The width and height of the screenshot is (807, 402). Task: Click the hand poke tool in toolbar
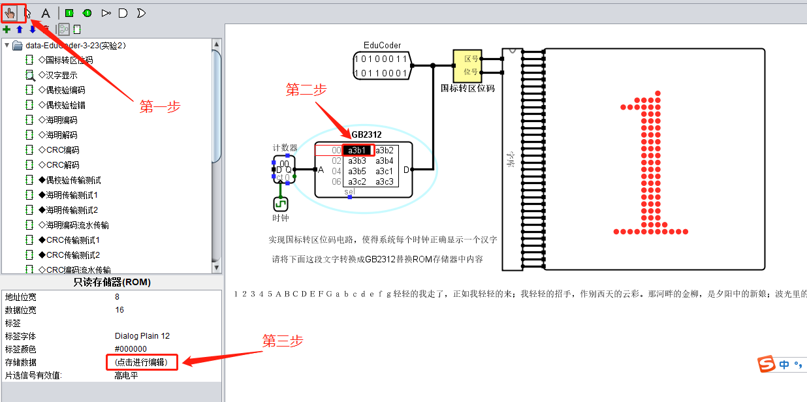(x=10, y=12)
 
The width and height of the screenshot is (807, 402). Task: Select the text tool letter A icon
(x=45, y=12)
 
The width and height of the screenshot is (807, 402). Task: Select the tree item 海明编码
(x=61, y=120)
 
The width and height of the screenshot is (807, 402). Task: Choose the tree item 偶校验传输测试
(x=69, y=180)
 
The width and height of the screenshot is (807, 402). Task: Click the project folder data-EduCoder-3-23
(x=75, y=46)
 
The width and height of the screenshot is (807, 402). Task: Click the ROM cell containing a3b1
(x=357, y=150)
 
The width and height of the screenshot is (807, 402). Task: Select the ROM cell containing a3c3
(x=384, y=181)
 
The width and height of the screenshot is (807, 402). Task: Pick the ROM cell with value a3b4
(x=384, y=161)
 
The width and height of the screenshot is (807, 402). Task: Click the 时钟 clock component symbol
(x=281, y=204)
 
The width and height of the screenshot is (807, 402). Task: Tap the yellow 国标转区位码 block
(x=467, y=65)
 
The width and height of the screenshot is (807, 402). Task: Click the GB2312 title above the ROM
(x=366, y=135)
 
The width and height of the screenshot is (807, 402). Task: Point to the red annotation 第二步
(x=306, y=90)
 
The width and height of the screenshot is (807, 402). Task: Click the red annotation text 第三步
(x=283, y=341)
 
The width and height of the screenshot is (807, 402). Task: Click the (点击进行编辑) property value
(x=141, y=362)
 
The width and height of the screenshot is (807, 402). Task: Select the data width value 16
(x=119, y=310)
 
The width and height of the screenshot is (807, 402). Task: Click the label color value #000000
(x=131, y=349)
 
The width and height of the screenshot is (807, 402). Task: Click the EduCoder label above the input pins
(x=382, y=46)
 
